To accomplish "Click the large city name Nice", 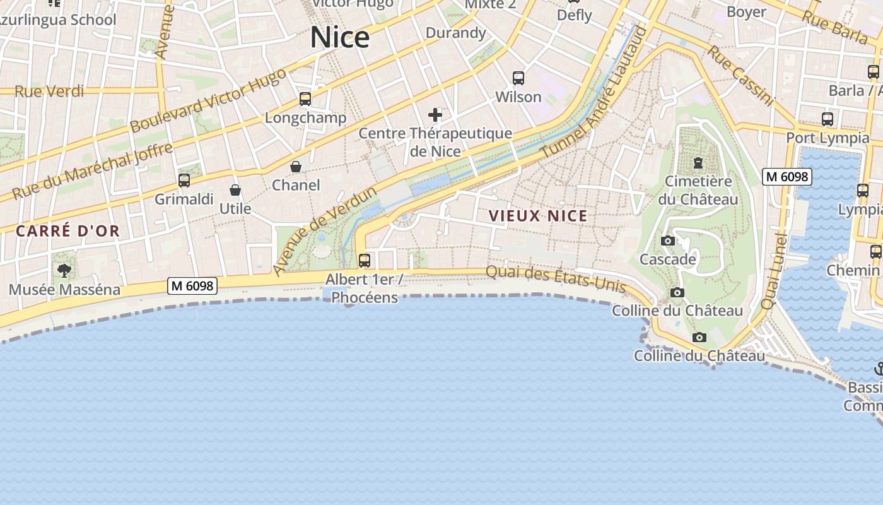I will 339,38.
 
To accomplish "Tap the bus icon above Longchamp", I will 305,99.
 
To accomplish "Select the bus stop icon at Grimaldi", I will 184,181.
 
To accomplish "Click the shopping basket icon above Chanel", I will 295,167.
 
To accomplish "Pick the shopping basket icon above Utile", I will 235,190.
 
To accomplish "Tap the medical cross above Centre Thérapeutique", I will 435,115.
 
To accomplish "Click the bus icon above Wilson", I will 518,78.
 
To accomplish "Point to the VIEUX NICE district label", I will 538,216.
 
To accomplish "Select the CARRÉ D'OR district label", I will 67,231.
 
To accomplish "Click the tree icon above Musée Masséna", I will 64,271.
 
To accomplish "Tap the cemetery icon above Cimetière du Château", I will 698,163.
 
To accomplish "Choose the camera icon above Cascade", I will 668,241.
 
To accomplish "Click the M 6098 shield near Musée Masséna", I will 192,286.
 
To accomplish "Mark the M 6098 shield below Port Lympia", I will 787,177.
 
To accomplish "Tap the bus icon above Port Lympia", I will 827,119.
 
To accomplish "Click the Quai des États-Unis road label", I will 556,279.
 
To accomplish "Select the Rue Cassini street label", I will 740,75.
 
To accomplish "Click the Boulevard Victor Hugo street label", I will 208,100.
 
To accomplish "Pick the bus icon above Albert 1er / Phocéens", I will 364,260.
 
